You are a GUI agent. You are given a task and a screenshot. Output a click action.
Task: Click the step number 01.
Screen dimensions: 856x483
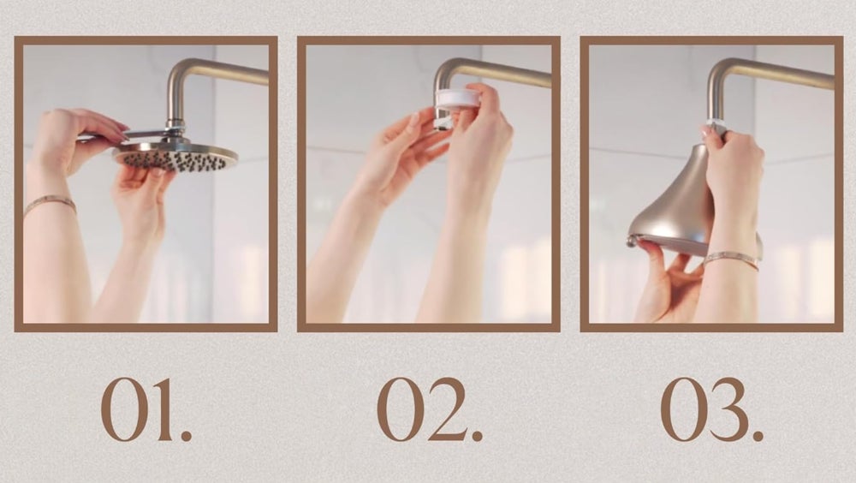[x=146, y=409]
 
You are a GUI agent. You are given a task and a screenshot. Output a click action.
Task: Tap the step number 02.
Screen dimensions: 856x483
[x=431, y=409]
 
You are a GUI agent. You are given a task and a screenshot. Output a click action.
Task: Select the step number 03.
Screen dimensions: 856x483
[x=712, y=409]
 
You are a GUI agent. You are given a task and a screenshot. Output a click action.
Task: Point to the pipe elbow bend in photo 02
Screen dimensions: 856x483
[x=448, y=72]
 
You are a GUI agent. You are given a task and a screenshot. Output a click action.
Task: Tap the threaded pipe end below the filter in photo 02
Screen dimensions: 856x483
[x=441, y=120]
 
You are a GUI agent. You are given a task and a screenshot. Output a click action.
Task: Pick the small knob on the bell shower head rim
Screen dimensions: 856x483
[x=632, y=241]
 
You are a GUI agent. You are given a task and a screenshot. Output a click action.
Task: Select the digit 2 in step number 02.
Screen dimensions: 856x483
[x=447, y=409]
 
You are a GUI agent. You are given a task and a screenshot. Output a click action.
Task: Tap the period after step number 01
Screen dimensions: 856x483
[x=186, y=435]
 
